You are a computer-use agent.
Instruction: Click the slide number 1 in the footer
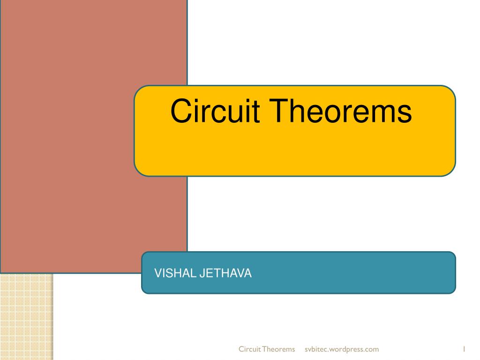(463, 349)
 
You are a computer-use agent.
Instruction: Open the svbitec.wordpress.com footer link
(342, 349)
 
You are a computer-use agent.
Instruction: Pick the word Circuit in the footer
(249, 349)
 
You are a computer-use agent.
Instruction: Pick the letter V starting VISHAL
(158, 273)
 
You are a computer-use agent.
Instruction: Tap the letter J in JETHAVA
(202, 273)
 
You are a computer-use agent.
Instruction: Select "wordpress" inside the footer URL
(347, 349)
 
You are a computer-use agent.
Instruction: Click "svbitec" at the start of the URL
(315, 349)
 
